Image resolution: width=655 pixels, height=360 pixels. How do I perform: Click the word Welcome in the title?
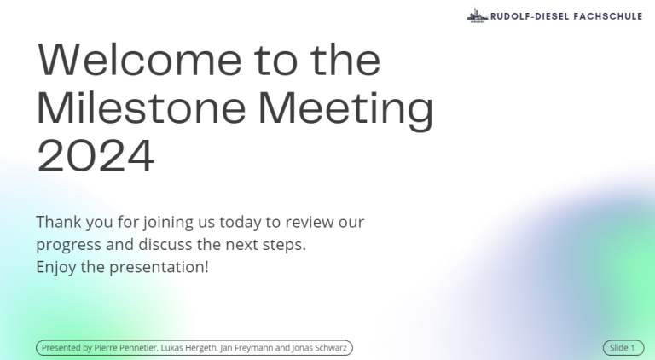140,60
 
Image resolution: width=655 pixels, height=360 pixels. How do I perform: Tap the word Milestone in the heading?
142,107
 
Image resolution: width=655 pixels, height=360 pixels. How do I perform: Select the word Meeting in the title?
346,111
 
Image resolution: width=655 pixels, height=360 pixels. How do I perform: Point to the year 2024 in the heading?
96,156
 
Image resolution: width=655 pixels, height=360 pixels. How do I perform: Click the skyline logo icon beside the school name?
477,15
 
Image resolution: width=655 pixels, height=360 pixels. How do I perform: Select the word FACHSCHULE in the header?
608,16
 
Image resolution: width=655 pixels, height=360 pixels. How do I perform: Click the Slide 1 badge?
623,348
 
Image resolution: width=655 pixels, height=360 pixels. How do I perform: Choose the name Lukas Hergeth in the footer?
188,348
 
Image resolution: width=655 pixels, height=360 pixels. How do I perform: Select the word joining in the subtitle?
168,223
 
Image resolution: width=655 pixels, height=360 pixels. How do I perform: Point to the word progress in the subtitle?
68,245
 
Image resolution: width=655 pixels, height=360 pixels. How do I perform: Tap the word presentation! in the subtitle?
159,267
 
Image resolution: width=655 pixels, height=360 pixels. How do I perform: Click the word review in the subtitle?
310,222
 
